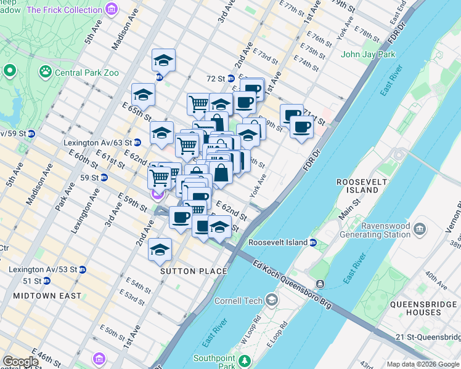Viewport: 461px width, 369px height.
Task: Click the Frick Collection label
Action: (65, 10)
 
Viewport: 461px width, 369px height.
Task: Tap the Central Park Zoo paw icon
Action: (45, 73)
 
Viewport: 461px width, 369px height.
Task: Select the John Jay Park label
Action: (368, 54)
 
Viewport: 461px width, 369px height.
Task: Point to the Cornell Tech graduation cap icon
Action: (271, 301)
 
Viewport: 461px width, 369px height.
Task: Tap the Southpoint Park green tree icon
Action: (246, 359)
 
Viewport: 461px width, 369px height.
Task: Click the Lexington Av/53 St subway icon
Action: (83, 269)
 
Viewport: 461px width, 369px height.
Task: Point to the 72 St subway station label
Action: (216, 79)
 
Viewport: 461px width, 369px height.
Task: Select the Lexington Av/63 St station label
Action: (92, 143)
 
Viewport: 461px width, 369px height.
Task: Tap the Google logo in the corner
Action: (20, 362)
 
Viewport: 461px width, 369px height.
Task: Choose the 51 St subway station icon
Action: (46, 280)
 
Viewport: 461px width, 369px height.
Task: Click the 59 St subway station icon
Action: (104, 178)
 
